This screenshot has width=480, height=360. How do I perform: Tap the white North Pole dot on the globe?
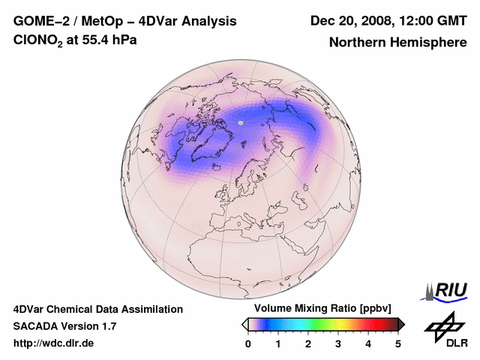(241, 122)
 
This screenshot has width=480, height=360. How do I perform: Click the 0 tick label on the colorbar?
(248, 343)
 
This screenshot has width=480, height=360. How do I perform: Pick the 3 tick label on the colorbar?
(338, 343)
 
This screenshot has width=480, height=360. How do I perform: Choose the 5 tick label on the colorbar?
(398, 343)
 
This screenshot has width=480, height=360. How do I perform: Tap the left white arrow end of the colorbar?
(244, 324)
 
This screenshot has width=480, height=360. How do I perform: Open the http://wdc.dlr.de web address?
(54, 343)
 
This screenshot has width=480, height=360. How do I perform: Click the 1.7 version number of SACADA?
(108, 326)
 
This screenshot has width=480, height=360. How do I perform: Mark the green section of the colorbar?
(319, 324)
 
